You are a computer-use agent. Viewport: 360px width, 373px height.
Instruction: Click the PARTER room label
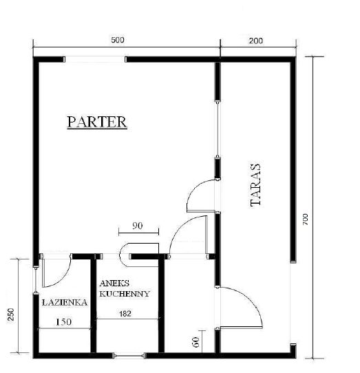[x=97, y=122]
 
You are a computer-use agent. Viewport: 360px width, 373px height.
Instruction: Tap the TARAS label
[x=256, y=184]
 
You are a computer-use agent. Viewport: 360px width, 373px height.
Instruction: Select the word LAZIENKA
[x=65, y=303]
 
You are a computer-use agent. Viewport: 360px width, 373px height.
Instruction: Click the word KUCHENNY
[x=125, y=294]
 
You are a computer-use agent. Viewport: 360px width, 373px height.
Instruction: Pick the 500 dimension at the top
[x=118, y=40]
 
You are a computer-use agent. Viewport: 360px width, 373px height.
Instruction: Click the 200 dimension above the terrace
[x=256, y=41]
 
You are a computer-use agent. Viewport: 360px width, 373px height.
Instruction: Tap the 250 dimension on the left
[x=11, y=315]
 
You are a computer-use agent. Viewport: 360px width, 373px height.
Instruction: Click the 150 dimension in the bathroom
[x=63, y=322]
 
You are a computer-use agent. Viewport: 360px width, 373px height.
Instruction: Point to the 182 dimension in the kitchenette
[x=125, y=314]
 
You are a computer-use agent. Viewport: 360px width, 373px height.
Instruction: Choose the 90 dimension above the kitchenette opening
[x=137, y=226]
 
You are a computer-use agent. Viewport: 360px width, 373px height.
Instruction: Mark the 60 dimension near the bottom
[x=195, y=342]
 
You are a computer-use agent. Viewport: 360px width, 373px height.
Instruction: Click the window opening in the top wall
[x=95, y=59]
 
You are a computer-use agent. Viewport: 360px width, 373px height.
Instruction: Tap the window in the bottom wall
[x=129, y=356]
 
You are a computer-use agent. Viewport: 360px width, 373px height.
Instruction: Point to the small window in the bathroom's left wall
[x=36, y=279]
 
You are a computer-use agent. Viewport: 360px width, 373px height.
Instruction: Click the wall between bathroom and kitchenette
[x=94, y=306]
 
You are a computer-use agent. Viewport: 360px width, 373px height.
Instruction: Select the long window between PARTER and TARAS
[x=218, y=129]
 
